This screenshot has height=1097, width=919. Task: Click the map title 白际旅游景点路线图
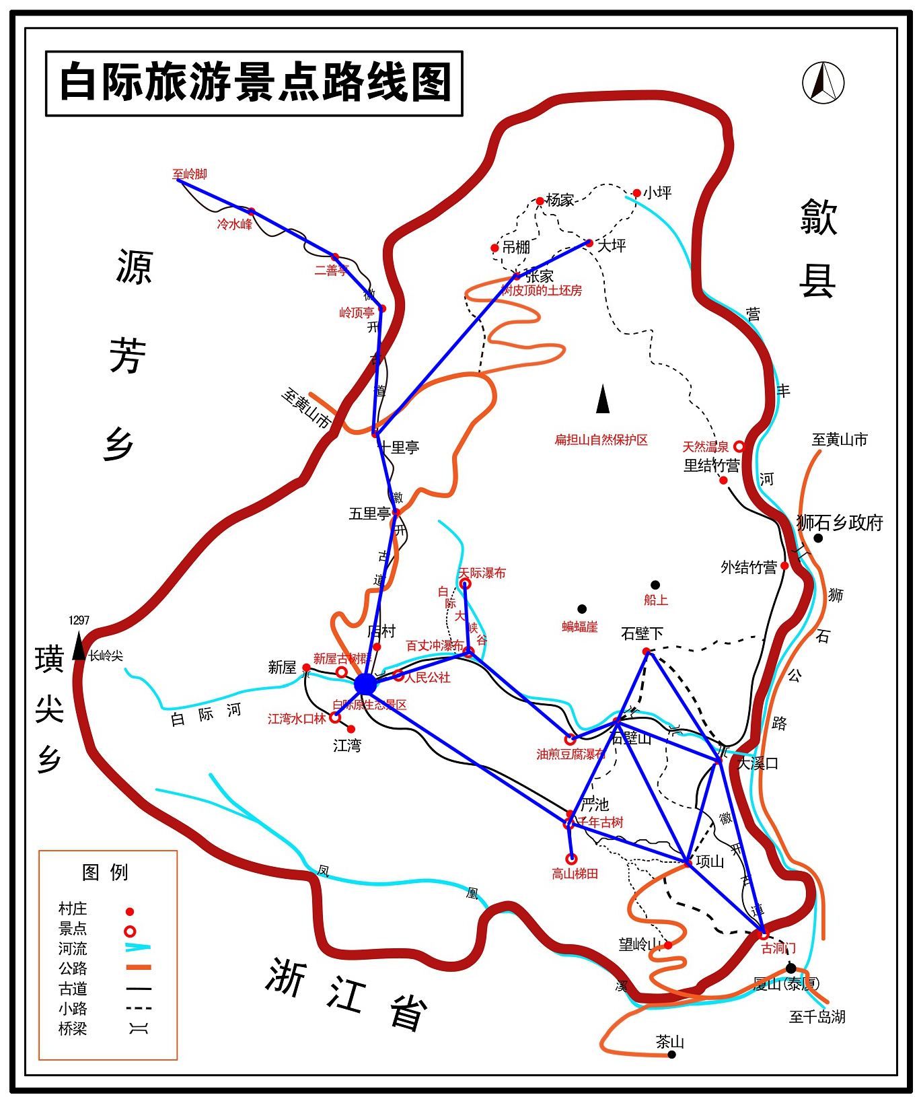tap(254, 83)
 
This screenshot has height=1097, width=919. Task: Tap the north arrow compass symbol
tap(823, 83)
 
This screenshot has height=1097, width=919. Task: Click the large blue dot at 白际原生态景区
tap(365, 684)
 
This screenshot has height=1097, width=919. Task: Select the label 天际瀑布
tap(482, 573)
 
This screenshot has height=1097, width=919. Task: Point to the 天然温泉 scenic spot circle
tap(739, 446)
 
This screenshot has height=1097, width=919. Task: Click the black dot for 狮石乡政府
tap(818, 538)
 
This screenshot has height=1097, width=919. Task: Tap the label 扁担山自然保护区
tap(601, 440)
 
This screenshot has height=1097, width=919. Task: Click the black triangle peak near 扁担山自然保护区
tap(603, 399)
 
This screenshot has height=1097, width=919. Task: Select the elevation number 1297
tap(79, 621)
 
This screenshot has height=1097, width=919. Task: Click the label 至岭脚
tap(190, 174)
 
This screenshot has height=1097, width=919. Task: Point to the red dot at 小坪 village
tap(636, 193)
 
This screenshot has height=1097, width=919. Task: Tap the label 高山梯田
tap(575, 874)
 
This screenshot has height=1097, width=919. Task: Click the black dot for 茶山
tap(671, 1054)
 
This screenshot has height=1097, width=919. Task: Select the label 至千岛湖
tap(817, 1017)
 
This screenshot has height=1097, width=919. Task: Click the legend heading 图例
tap(105, 872)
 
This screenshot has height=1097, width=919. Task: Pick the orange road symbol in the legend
tap(139, 968)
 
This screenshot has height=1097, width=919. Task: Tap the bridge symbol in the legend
tap(139, 1028)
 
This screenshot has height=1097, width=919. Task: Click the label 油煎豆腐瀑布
tap(571, 754)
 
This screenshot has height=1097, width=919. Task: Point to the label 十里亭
tap(400, 448)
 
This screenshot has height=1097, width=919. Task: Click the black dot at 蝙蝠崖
tap(582, 609)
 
